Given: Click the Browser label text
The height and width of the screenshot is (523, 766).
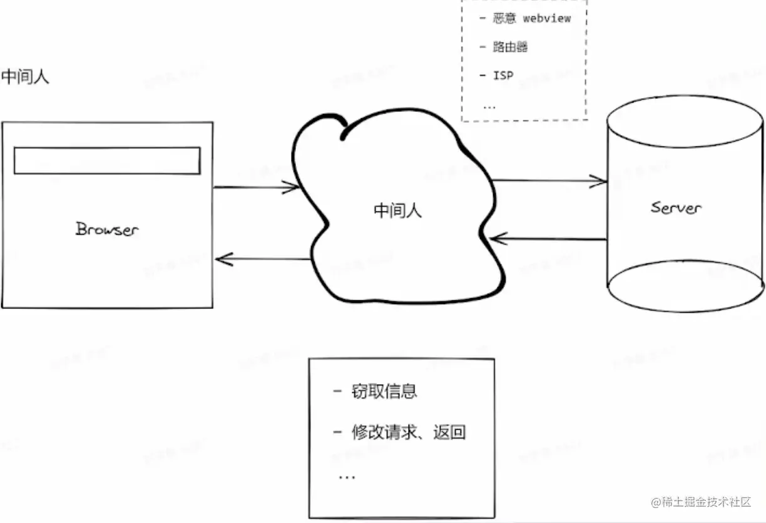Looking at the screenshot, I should point(107,229).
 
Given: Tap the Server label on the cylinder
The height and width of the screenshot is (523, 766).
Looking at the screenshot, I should point(676,208).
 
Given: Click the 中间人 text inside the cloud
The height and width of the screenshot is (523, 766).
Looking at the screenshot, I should point(398,210).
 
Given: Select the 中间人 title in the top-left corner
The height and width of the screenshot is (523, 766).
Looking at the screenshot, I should point(25,77).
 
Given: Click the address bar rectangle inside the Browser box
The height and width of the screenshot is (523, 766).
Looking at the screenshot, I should point(107,161).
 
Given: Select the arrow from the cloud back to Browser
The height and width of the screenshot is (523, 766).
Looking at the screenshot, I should point(263,259).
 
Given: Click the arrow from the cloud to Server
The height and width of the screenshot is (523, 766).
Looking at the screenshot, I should point(549,181).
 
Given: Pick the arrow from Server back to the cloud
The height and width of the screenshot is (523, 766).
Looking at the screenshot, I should point(548,238).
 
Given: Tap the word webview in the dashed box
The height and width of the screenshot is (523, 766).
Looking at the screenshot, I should point(546,18).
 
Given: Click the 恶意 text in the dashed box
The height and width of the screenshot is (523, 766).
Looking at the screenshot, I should point(504,18).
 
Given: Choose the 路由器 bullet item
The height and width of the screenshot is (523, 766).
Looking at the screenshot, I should point(510,47).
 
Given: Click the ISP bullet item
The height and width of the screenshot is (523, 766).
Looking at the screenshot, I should point(503,76).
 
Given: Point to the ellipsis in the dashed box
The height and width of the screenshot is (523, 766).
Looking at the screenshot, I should point(489,106).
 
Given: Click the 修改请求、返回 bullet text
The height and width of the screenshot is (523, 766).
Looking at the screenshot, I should point(409,432).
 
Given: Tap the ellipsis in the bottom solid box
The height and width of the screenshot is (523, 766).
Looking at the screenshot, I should point(347,477).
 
